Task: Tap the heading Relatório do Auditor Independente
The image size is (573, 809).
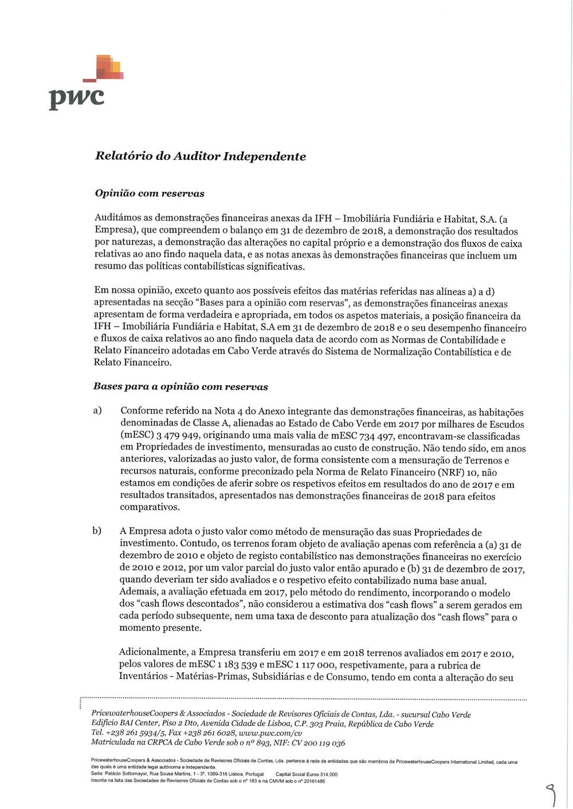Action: [200, 156]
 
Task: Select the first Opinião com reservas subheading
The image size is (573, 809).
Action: [149, 194]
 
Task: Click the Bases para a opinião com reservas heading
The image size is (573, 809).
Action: [180, 386]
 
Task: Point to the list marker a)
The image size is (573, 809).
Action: [97, 411]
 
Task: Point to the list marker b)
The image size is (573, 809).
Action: [97, 531]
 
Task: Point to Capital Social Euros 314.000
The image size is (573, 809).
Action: [307, 774]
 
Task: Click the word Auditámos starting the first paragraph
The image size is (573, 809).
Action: [117, 218]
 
